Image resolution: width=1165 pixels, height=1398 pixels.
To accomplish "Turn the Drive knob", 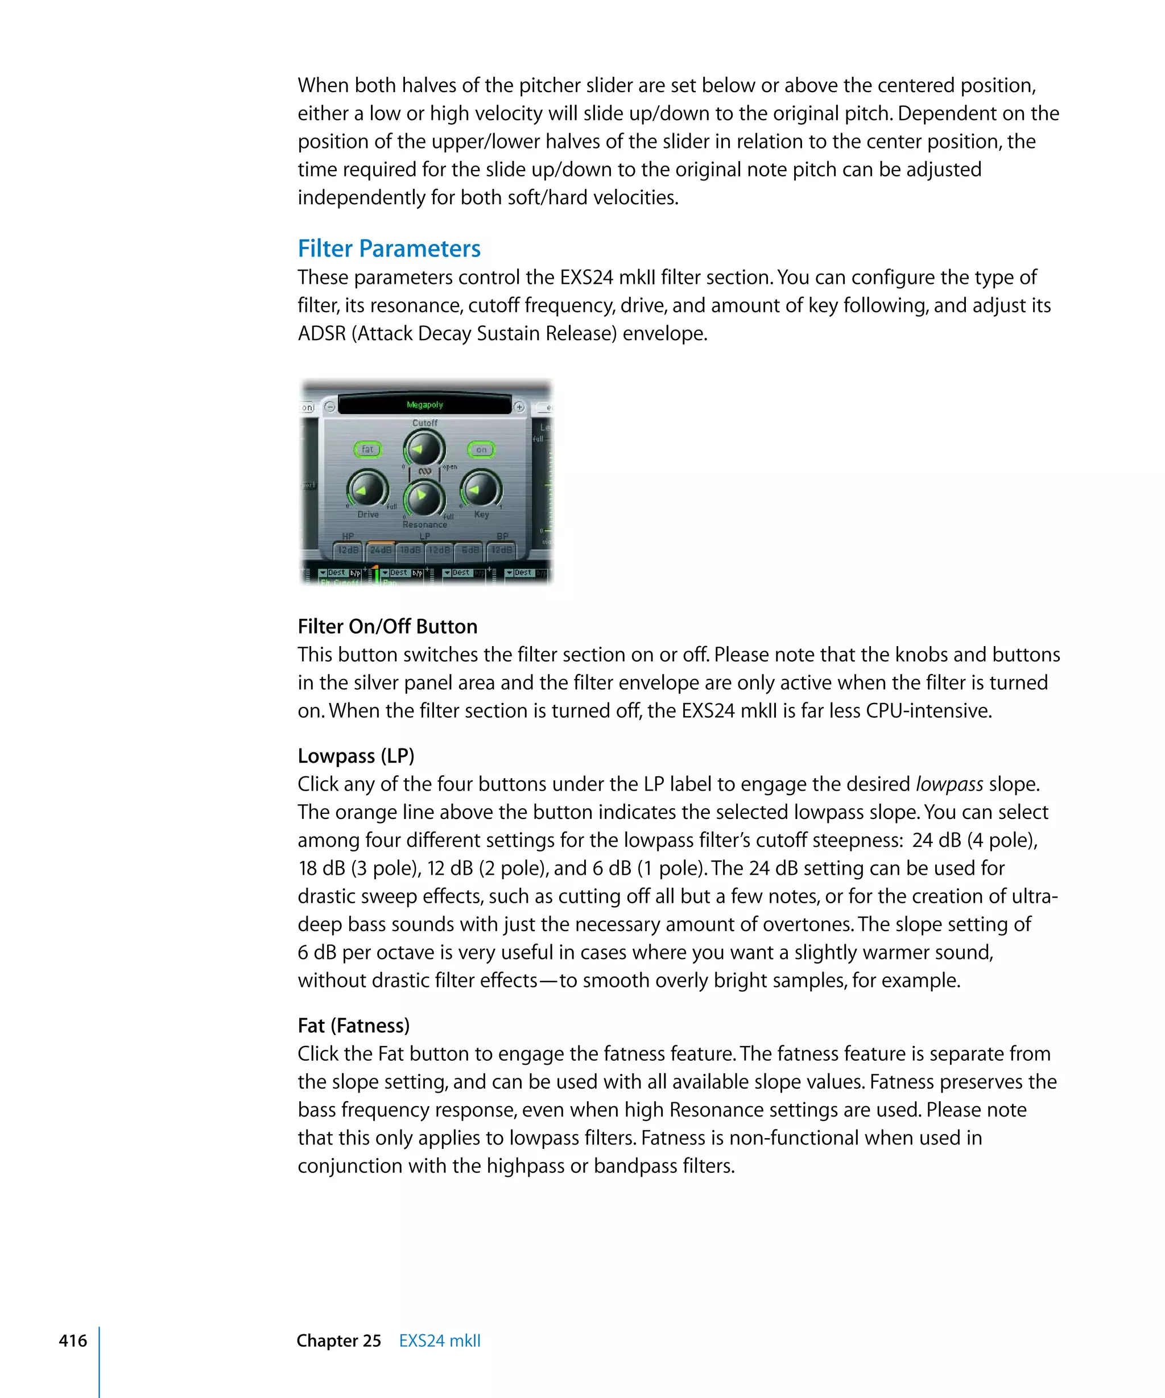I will click(x=367, y=489).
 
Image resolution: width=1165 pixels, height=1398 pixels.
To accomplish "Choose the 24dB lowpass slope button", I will click(x=381, y=550).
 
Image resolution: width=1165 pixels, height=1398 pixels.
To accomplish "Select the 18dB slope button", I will click(x=410, y=550).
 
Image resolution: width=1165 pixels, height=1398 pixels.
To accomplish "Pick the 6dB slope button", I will click(x=470, y=550).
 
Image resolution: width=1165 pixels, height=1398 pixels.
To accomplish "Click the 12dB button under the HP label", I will click(x=348, y=550).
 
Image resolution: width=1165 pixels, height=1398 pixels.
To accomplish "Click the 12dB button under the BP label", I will click(x=502, y=550).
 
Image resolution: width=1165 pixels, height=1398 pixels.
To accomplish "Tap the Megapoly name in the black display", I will click(x=425, y=405).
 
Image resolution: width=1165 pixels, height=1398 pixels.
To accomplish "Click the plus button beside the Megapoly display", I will click(x=519, y=407).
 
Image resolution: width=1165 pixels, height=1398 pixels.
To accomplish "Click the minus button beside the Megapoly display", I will click(x=329, y=407).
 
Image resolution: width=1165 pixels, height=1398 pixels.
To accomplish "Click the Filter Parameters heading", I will click(x=389, y=249).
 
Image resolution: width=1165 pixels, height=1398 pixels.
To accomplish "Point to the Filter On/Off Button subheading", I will click(x=387, y=626).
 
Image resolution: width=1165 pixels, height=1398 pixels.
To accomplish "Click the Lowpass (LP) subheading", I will click(x=356, y=755).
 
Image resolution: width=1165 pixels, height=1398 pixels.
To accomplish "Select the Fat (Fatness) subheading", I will click(x=353, y=1025).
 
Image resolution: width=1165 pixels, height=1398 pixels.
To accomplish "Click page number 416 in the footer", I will click(x=73, y=1340).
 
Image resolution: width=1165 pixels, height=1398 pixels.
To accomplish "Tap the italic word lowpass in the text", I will click(x=949, y=784).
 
